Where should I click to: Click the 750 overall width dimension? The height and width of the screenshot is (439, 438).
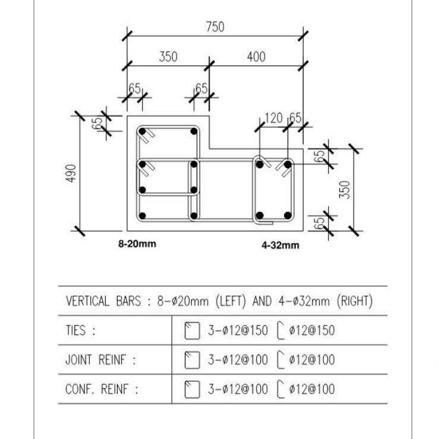click(215, 27)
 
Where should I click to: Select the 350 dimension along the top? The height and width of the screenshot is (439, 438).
click(168, 57)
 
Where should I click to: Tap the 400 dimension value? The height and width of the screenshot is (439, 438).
click(256, 57)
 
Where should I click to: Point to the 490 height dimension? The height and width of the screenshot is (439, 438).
click(71, 173)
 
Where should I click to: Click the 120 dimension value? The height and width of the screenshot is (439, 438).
click(273, 118)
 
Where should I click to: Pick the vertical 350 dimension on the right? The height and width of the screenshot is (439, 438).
click(346, 189)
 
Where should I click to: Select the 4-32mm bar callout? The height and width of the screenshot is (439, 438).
click(281, 245)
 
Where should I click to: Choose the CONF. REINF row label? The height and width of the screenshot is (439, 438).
click(102, 390)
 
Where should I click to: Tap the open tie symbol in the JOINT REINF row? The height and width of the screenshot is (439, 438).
click(282, 360)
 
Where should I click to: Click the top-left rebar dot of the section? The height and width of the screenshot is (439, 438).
click(142, 131)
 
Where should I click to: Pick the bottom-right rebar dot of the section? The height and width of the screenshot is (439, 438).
click(288, 215)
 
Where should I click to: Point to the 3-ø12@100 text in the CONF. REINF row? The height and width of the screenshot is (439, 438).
click(237, 390)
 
